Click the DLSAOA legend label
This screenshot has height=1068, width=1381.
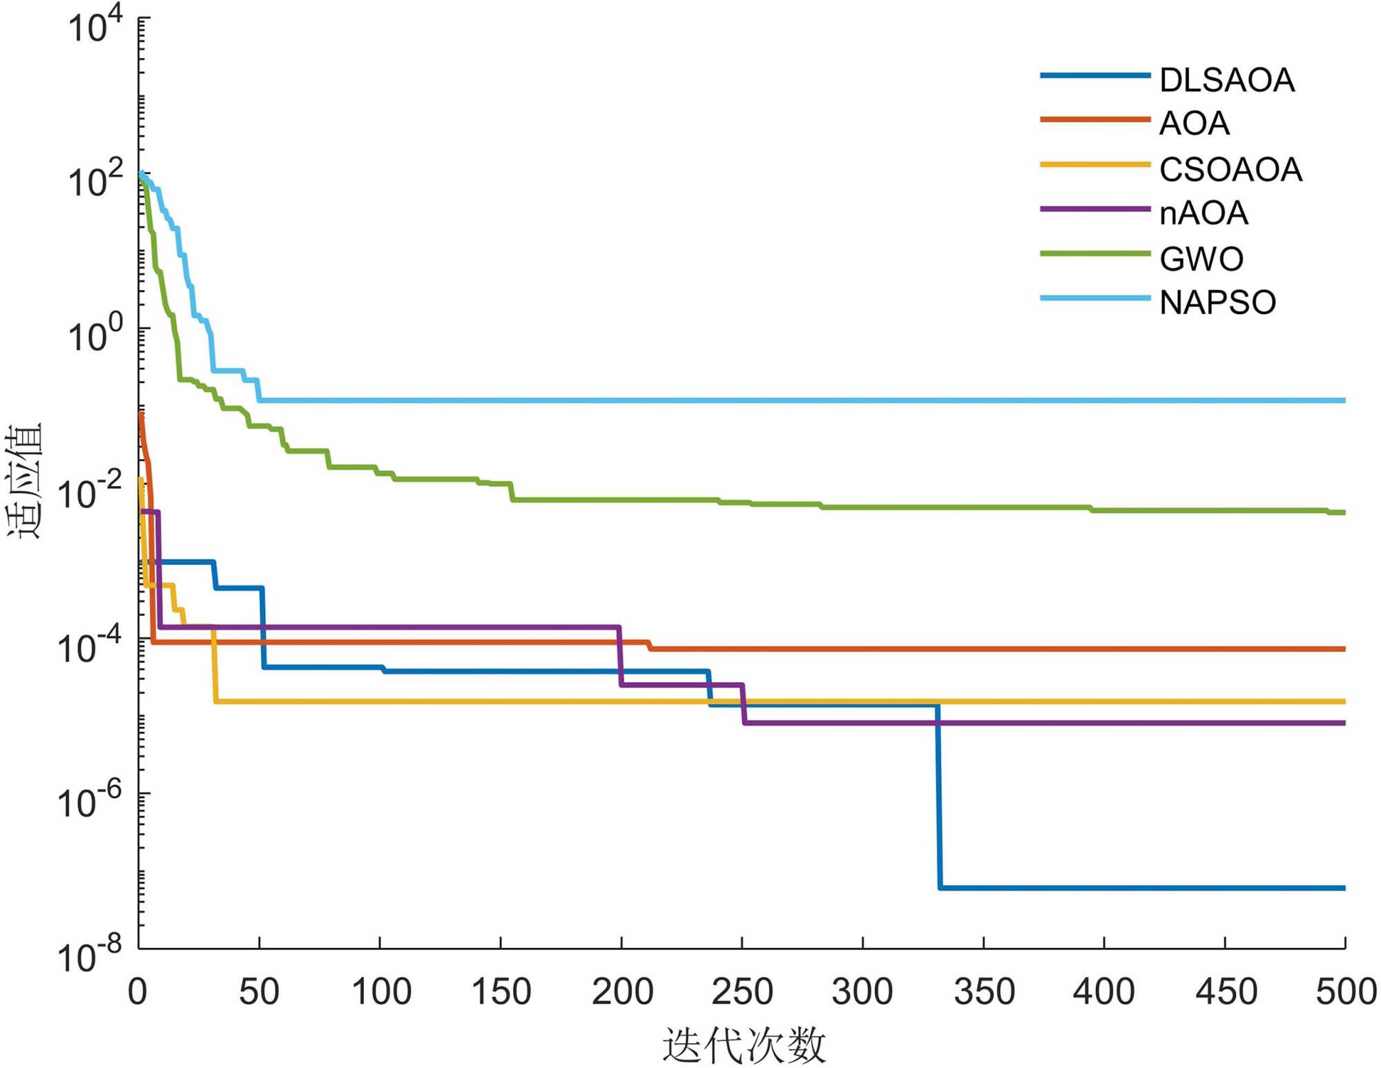[1226, 81]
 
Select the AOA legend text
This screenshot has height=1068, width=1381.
[1194, 124]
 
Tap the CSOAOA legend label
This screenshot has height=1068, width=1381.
[1230, 170]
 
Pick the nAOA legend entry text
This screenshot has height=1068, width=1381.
[1204, 213]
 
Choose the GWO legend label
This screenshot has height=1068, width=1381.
[1201, 260]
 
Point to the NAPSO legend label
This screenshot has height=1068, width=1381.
[1217, 303]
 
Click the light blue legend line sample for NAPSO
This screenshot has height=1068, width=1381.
[1095, 298]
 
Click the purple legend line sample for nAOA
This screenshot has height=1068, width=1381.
[1095, 209]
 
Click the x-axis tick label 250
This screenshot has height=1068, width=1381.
[742, 992]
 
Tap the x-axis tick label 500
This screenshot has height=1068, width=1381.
[1346, 992]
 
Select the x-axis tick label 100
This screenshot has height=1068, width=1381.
[381, 992]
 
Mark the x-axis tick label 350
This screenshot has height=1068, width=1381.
[984, 992]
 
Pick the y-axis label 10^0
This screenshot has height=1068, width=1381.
[95, 337]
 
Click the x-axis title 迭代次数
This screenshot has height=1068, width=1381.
[744, 1045]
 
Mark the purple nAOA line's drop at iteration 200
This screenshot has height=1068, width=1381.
[620, 656]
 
